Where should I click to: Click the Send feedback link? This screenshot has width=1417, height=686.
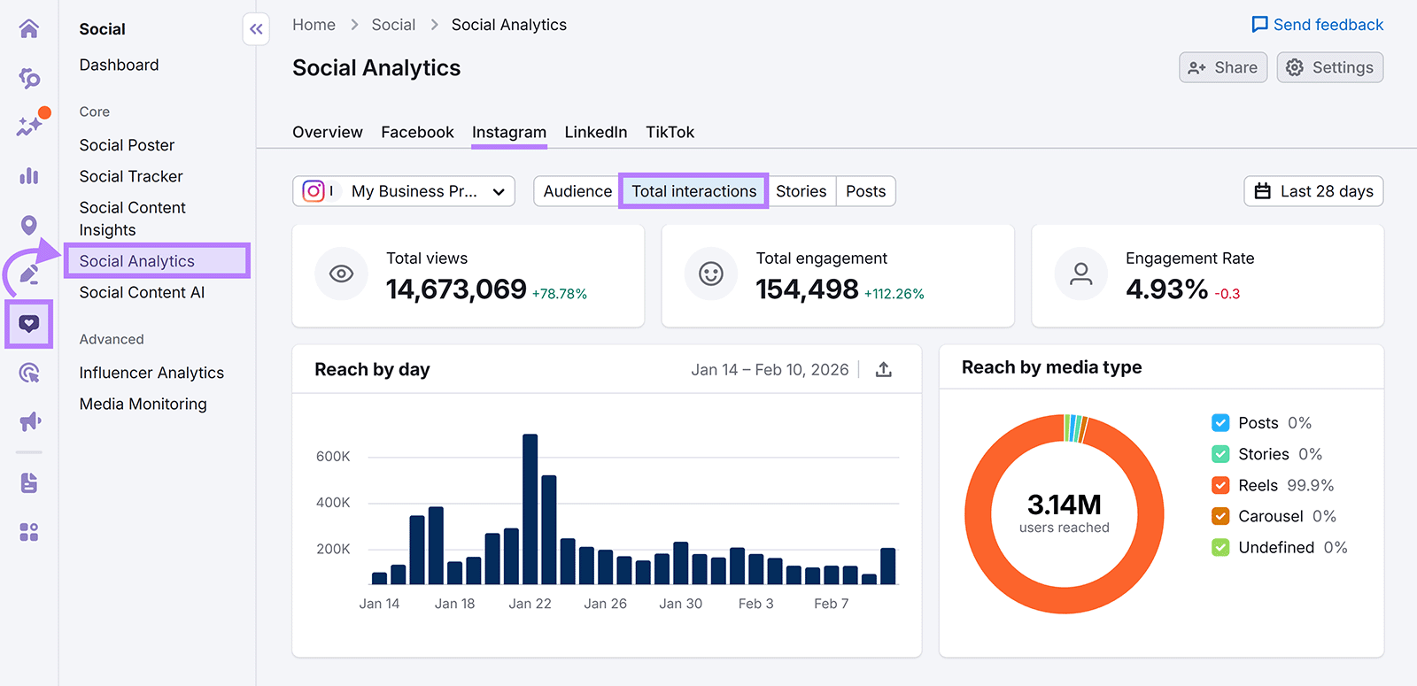point(1317,25)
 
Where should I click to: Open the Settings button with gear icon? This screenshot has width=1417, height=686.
point(1329,67)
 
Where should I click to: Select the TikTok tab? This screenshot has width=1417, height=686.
point(670,132)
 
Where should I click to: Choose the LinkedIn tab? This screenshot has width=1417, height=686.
point(595,132)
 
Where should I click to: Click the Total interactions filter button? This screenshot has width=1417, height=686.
point(693,191)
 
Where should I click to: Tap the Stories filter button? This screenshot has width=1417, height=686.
point(801,191)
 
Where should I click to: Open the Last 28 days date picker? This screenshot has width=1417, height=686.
point(1313,191)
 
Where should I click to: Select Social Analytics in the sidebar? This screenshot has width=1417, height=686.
point(137,261)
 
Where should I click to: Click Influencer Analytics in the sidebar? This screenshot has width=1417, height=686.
point(151,373)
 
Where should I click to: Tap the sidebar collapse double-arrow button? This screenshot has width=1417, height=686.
point(256,29)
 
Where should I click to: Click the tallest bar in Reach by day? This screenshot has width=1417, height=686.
point(530,509)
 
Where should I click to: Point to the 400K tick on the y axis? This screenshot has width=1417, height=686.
point(333,503)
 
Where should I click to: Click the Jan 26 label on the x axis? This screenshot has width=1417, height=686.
point(605,604)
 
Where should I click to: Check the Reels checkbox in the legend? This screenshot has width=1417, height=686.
point(1220,485)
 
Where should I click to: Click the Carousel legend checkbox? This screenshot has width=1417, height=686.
point(1220,516)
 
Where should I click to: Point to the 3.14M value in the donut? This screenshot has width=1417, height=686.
point(1064,505)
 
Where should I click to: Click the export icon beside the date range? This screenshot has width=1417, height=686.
point(883,370)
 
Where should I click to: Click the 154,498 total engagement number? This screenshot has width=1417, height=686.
point(807,289)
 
